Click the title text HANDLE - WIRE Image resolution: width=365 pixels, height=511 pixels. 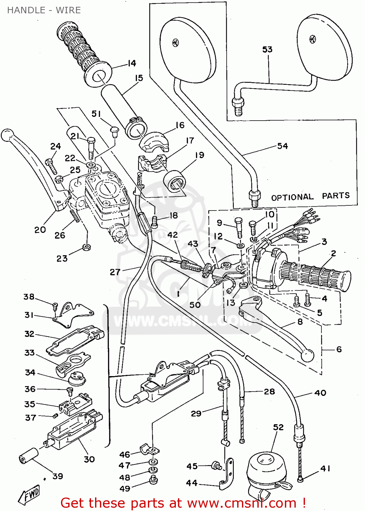point(44,10)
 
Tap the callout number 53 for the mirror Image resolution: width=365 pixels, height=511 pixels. point(268,50)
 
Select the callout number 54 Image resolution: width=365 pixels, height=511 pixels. point(283,146)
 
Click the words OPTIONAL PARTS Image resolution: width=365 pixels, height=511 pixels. point(310,197)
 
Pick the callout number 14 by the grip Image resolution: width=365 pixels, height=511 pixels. point(132,63)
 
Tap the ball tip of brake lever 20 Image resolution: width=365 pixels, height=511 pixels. point(7,135)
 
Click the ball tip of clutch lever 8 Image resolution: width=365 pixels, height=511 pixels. point(307,355)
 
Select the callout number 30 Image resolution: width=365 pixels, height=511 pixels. point(89,459)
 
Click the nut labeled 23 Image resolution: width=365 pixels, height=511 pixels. point(87,247)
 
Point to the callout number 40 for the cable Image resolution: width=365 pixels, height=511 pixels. point(320,393)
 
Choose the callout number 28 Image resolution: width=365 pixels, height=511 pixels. point(269,392)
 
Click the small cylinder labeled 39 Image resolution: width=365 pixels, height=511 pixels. point(28,456)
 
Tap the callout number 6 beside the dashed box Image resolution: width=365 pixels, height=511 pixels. point(339,349)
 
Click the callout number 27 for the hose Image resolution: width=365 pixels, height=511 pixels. point(115,272)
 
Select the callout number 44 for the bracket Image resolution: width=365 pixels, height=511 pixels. point(192,483)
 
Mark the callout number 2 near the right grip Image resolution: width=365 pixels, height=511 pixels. point(333,253)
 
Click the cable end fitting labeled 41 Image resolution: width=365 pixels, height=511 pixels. point(300,480)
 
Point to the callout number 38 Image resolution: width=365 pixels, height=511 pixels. point(29,297)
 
